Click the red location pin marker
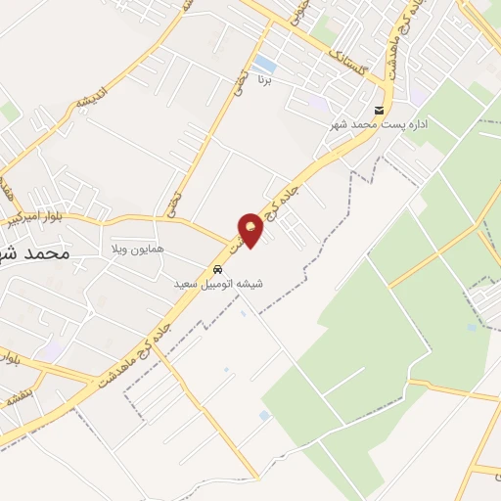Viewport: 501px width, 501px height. tap(250, 229)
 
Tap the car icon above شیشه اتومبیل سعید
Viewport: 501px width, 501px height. tap(217, 269)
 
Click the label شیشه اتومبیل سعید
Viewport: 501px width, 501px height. tap(219, 284)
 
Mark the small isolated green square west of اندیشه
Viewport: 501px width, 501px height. tap(9, 112)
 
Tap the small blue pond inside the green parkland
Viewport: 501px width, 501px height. tap(473, 327)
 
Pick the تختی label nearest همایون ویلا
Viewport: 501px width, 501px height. tap(172, 205)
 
